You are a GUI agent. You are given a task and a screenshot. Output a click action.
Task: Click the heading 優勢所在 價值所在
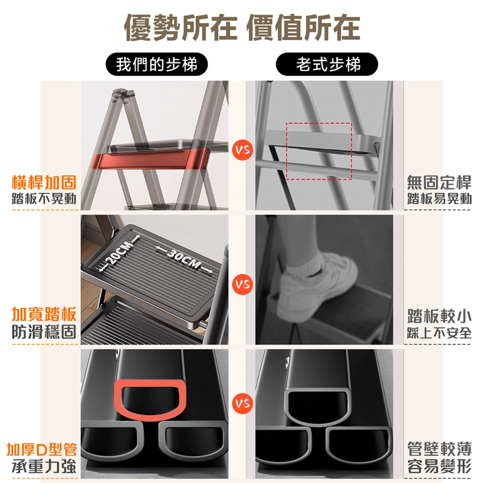[x=242, y=27]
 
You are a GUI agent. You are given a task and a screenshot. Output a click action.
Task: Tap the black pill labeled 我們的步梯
[x=156, y=64]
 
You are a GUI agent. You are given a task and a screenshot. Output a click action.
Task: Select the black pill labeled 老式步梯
[x=327, y=64]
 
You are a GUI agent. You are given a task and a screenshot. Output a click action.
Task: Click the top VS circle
[x=243, y=150]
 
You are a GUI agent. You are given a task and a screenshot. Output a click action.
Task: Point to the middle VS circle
[x=243, y=284]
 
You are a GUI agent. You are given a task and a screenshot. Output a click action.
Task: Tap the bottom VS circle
[x=243, y=403]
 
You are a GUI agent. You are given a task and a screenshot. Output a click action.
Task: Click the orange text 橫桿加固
[x=44, y=182]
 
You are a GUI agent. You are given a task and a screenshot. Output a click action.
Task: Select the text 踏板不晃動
[x=44, y=199]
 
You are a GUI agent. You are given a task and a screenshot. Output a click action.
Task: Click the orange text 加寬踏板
[x=44, y=314]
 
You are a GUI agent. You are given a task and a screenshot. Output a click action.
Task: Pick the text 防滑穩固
[x=44, y=332]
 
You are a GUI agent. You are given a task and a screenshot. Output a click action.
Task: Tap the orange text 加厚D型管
[x=42, y=449]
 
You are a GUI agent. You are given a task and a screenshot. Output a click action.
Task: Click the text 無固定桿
[x=439, y=182]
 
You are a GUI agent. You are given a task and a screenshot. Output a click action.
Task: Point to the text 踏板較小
[x=439, y=315]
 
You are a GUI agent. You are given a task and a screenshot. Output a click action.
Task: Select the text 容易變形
[x=439, y=466]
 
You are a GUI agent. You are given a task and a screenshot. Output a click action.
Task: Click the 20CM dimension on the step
[x=119, y=254]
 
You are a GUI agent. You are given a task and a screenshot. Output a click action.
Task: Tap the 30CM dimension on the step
[x=184, y=260]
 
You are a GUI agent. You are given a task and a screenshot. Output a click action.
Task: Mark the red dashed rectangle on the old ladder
[x=319, y=123]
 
